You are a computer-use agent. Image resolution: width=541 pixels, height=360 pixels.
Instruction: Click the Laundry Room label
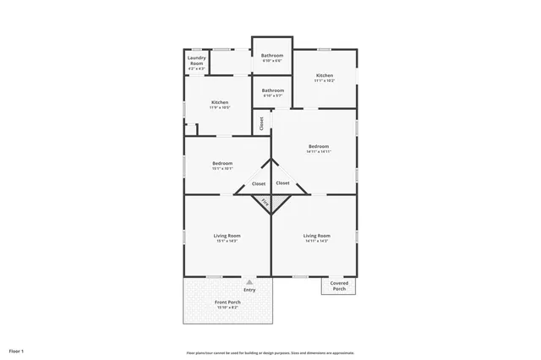click(196, 61)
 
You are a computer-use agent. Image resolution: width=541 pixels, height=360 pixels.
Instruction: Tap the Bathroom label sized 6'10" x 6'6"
click(272, 56)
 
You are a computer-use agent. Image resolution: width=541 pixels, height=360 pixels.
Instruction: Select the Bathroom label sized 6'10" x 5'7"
click(272, 90)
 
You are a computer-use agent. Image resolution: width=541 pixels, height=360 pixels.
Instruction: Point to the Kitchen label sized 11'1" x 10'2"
click(325, 75)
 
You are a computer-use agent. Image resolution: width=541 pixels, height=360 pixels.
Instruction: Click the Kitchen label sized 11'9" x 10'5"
click(220, 102)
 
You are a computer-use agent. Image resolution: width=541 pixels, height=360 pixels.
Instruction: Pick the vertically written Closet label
click(261, 123)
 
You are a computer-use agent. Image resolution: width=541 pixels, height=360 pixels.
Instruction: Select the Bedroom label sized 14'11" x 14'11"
click(319, 146)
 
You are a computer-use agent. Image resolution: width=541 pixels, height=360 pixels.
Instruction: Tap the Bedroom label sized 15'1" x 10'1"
click(222, 163)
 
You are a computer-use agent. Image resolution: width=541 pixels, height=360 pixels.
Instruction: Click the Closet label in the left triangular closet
click(259, 183)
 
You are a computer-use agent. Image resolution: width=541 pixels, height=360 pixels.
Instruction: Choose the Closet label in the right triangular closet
click(283, 183)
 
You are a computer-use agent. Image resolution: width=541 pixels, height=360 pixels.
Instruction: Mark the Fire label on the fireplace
click(264, 203)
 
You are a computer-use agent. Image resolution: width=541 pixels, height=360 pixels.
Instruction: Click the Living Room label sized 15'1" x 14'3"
click(227, 236)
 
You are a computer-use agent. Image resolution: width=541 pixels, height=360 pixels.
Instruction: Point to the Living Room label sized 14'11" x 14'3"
click(316, 236)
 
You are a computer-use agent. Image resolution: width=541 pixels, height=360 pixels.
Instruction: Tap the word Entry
click(249, 290)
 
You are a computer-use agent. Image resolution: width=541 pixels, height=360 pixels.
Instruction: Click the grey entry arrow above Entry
click(249, 282)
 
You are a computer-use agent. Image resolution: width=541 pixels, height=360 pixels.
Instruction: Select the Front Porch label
click(227, 302)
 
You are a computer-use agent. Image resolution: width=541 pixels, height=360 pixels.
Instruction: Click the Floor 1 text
click(17, 351)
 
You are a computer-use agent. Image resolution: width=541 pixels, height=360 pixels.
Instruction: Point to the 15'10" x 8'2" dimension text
click(227, 308)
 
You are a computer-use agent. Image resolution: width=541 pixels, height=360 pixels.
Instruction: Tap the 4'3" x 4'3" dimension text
click(196, 68)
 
